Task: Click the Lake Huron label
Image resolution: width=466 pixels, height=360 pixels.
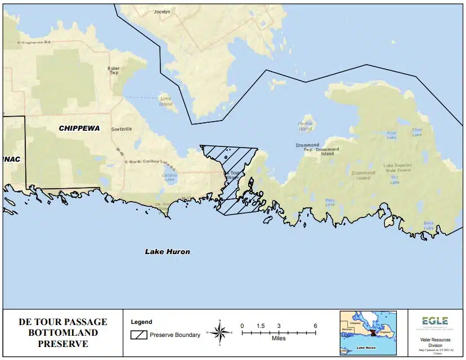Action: point(167,251)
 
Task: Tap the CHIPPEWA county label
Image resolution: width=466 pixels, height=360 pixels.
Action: point(79,128)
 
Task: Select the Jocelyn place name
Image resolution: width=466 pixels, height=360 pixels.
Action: point(162,11)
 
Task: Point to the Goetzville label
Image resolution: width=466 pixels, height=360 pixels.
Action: point(122,129)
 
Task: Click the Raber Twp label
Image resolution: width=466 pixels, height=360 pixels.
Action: point(114,70)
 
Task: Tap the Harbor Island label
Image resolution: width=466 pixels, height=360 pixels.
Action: point(305,125)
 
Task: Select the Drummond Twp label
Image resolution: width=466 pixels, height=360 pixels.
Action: point(307,147)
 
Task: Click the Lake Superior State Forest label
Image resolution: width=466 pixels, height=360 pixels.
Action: point(398,167)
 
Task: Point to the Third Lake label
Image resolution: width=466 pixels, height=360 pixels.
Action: point(416,132)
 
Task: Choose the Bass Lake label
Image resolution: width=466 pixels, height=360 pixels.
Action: point(429,225)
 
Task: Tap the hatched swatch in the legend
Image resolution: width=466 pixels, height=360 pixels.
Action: point(138,335)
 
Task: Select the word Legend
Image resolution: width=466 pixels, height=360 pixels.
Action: point(141,322)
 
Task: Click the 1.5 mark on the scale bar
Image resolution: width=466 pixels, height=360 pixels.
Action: point(260,326)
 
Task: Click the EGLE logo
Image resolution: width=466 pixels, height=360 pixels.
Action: point(434,321)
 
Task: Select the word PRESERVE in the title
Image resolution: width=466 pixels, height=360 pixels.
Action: point(62,343)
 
